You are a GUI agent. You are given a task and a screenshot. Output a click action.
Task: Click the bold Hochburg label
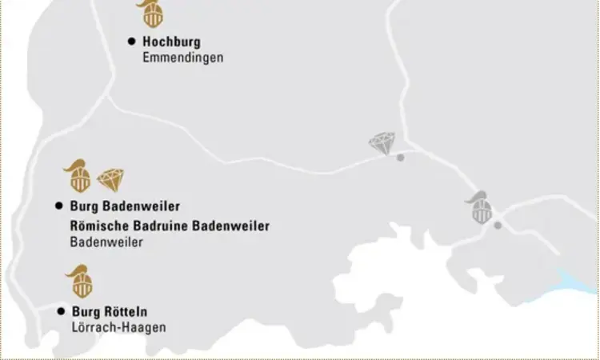(x=171, y=42)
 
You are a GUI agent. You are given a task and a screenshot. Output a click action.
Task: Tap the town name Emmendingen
(x=182, y=58)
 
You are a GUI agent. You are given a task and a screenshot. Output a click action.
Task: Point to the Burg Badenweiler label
(x=125, y=206)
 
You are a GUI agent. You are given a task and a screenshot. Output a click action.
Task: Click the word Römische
(x=98, y=226)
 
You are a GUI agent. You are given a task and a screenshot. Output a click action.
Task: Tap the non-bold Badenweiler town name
(x=106, y=243)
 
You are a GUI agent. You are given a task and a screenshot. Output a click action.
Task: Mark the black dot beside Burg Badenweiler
(x=58, y=206)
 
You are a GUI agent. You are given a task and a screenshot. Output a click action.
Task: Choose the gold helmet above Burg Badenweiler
(x=78, y=175)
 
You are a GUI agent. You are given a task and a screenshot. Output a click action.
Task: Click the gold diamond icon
(x=110, y=179)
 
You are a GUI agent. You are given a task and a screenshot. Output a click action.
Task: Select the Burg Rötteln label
(x=110, y=312)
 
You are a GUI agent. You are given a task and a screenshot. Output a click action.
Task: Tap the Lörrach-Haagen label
(x=118, y=328)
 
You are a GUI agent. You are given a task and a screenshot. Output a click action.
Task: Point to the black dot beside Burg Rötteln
(x=60, y=311)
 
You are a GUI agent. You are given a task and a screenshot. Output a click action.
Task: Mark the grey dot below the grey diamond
(x=401, y=158)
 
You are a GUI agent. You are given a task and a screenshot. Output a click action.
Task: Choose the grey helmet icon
(x=480, y=207)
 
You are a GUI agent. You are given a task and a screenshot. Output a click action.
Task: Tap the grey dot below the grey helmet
(x=498, y=225)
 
